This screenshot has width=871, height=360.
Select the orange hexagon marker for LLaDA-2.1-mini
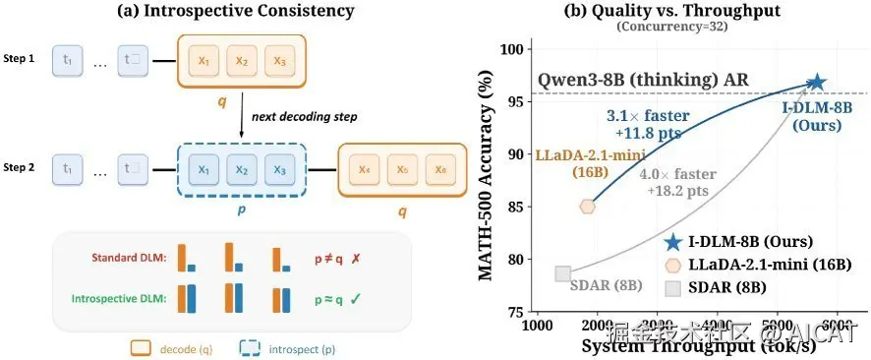coord(588,207)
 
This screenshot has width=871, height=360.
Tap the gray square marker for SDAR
coord(562,273)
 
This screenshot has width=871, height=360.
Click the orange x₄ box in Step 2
coord(364,168)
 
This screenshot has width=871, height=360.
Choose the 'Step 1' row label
coord(19,59)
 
